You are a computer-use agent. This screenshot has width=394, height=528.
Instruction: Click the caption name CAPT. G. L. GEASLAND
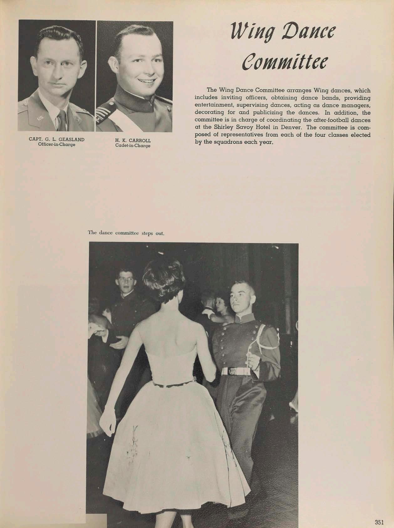point(57,140)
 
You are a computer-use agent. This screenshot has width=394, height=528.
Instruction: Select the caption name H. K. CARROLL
point(133,141)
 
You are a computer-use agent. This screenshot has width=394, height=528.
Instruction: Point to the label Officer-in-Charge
point(57,145)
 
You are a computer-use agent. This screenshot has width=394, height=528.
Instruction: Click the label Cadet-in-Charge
point(133,146)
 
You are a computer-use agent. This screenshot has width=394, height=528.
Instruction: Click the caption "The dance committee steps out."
point(126,233)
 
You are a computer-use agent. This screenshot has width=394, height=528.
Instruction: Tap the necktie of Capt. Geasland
point(62,121)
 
